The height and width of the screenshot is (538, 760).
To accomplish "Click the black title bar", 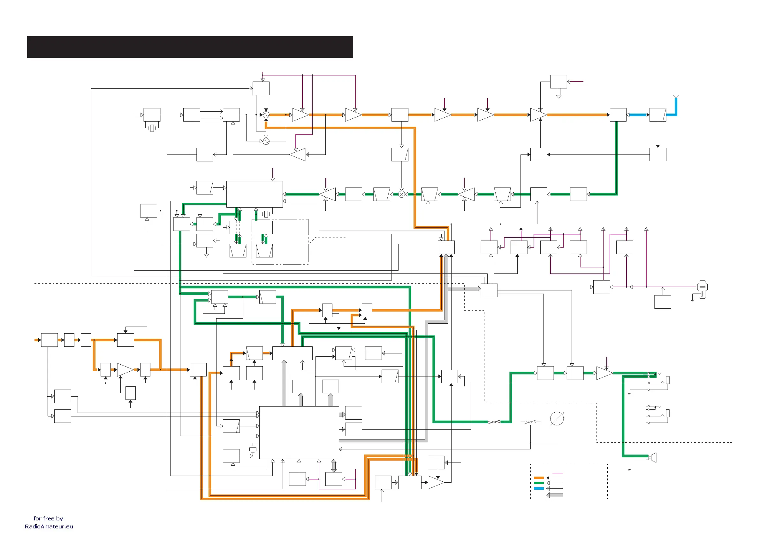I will pos(190,47).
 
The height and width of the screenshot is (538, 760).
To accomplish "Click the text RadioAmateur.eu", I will pos(49,526).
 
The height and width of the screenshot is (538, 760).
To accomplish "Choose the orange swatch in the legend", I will pos(539,478).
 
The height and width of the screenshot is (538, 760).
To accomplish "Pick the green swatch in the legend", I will pos(539,483).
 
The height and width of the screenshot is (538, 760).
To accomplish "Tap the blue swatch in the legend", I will pos(539,488).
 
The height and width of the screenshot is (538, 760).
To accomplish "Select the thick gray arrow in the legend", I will pos(554,495).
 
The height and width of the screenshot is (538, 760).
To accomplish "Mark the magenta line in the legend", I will pos(558,473).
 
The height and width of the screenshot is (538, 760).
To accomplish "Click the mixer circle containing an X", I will pos(401,194).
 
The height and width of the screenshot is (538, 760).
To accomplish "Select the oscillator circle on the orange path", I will pos(266,115).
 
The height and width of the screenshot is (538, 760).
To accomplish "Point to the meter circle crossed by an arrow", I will pos(557,419).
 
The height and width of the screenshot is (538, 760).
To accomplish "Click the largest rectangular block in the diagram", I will pos(299,432).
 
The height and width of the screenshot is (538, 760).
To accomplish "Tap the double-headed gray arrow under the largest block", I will pos(334,466).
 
